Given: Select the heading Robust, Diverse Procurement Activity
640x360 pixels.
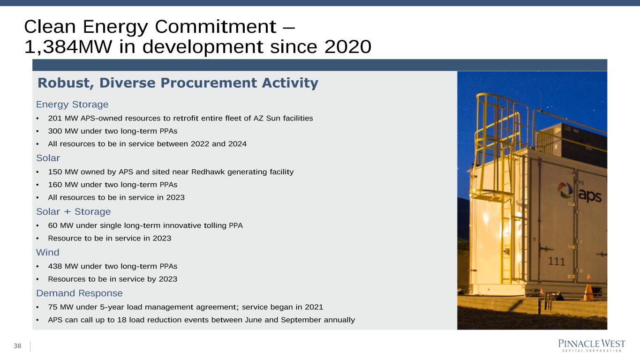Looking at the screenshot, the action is [x=178, y=83].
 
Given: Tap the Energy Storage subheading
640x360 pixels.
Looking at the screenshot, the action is [x=72, y=105].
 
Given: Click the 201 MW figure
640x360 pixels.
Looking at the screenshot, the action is [x=63, y=118].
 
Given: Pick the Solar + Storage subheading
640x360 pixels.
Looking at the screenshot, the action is [x=73, y=211].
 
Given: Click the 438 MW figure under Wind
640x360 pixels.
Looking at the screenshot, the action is [x=63, y=266].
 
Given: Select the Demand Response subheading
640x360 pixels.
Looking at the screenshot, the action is [x=79, y=293].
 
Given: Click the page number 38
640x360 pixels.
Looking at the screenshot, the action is [x=17, y=346].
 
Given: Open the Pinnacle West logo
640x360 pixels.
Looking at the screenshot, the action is [x=592, y=345].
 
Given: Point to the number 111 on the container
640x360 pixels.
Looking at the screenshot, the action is [x=556, y=262].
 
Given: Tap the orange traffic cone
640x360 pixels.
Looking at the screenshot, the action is [x=588, y=292].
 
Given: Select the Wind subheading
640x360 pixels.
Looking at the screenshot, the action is [x=48, y=252].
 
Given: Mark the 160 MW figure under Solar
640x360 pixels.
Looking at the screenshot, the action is [x=63, y=185].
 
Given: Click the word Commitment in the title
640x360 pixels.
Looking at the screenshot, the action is [x=216, y=27].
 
